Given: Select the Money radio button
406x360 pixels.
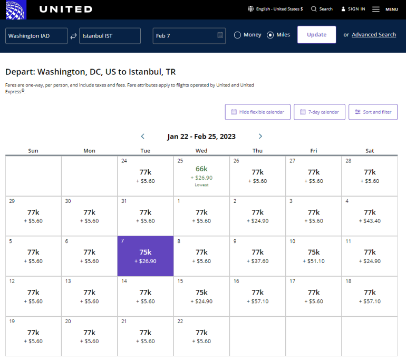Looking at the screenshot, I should (x=238, y=35).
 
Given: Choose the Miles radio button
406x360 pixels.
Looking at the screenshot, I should (x=270, y=35).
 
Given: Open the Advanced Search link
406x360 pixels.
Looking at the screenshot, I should (x=374, y=35).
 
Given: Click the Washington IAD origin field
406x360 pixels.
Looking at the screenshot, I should (x=36, y=36).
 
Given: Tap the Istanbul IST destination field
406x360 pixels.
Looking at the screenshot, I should (x=110, y=36).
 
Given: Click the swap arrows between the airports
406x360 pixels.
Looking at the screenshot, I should (x=73, y=36).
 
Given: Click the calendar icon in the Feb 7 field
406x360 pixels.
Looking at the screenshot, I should (x=220, y=35).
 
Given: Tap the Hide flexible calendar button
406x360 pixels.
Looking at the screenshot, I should (x=257, y=112).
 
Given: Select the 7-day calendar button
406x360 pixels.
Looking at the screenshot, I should (x=320, y=112).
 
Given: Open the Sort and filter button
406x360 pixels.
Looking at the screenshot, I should (x=373, y=112).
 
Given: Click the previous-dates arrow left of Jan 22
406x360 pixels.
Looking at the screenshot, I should (x=143, y=137).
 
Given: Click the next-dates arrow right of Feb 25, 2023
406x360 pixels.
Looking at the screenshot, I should (x=260, y=137).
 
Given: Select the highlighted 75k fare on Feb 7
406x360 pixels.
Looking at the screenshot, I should (x=146, y=256).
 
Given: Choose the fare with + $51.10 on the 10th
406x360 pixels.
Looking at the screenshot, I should (x=314, y=256).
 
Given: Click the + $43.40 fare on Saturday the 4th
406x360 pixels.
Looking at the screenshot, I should (x=370, y=216).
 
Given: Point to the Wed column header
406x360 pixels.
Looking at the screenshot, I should (x=201, y=151).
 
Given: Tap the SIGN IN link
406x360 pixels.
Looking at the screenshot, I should (x=353, y=9).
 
